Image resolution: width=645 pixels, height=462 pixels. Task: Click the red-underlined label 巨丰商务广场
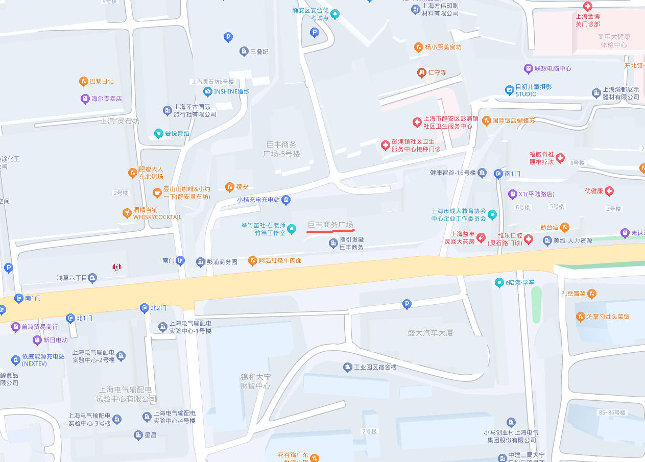[x=330, y=225]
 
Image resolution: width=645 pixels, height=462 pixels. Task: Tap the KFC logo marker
[x=117, y=267]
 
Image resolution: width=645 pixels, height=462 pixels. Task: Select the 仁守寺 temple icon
[x=421, y=72]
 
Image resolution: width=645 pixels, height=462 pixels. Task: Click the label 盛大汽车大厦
[x=430, y=333]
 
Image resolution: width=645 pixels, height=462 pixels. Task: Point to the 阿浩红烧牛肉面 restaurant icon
[x=252, y=261]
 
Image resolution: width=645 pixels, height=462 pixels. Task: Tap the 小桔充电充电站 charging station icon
[x=287, y=200]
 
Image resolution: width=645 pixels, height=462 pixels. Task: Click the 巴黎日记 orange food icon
[x=83, y=81]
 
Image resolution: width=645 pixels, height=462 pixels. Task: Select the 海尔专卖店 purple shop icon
[x=85, y=99]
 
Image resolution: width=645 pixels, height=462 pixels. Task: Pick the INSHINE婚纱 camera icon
[x=207, y=92]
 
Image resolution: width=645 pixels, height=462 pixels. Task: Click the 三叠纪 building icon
[x=244, y=52]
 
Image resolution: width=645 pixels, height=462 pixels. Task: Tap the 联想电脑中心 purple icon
[x=528, y=68]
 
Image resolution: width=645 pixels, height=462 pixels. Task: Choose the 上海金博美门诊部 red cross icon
[x=588, y=7]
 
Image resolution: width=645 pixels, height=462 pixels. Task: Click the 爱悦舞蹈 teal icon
[x=158, y=134]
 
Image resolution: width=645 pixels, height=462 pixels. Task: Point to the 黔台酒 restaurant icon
[x=564, y=227]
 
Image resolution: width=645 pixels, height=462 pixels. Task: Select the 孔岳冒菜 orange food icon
[x=591, y=294]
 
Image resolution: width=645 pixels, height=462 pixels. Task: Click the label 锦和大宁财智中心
[x=255, y=381]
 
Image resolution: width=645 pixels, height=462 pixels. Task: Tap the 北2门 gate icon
[x=144, y=308]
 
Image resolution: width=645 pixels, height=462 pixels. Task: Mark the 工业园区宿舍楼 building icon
[x=348, y=368]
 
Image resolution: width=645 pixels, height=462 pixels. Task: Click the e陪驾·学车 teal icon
[x=499, y=283]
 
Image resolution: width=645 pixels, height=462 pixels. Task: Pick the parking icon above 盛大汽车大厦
[x=407, y=304]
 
